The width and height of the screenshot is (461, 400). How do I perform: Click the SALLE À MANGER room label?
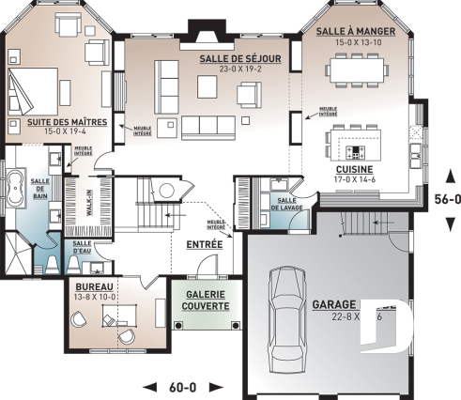pos(355,31)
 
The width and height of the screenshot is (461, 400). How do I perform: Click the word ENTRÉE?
pos(204,244)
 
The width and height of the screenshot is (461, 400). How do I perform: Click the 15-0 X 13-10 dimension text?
pos(355,42)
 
